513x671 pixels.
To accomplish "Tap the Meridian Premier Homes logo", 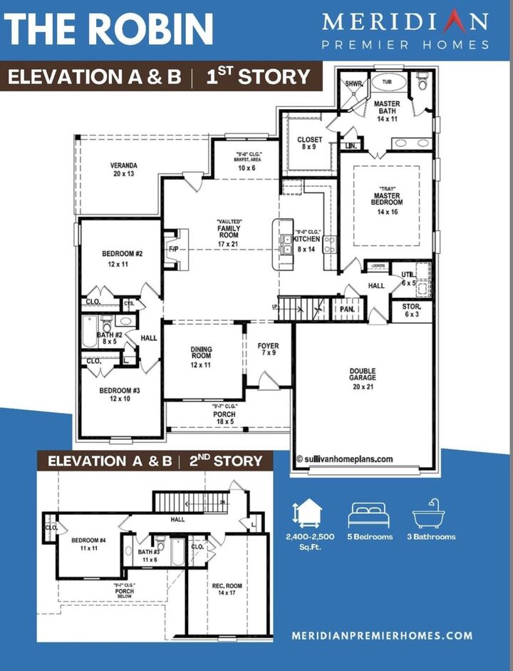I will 405,30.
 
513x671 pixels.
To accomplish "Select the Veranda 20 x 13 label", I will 123,169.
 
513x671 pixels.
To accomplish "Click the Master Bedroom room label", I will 390,205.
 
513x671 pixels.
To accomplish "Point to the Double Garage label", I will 362,378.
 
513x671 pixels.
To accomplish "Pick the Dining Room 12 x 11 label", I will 202,356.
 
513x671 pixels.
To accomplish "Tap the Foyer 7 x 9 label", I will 268,350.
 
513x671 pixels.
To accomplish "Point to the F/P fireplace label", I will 172,249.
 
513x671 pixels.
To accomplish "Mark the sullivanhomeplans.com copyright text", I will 344,460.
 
